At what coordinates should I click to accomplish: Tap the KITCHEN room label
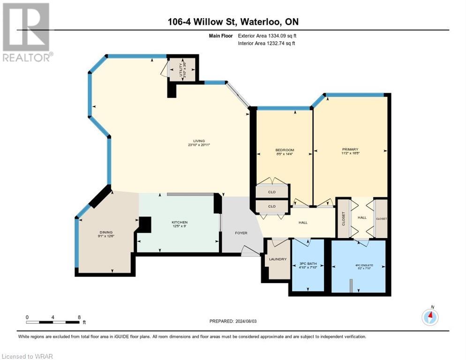[x=180, y=222]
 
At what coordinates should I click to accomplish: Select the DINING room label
[x=106, y=232]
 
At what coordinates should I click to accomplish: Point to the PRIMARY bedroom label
[x=353, y=150]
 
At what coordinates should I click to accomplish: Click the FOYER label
[x=241, y=233]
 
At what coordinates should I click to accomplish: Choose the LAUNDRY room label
[x=278, y=259]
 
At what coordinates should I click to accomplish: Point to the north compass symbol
[x=429, y=317]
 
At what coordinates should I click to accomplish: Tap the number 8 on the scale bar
[x=79, y=317]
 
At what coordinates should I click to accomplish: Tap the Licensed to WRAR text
[x=28, y=356]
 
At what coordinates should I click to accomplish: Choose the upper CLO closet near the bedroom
[x=272, y=192]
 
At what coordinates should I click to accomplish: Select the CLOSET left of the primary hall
[x=344, y=218]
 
